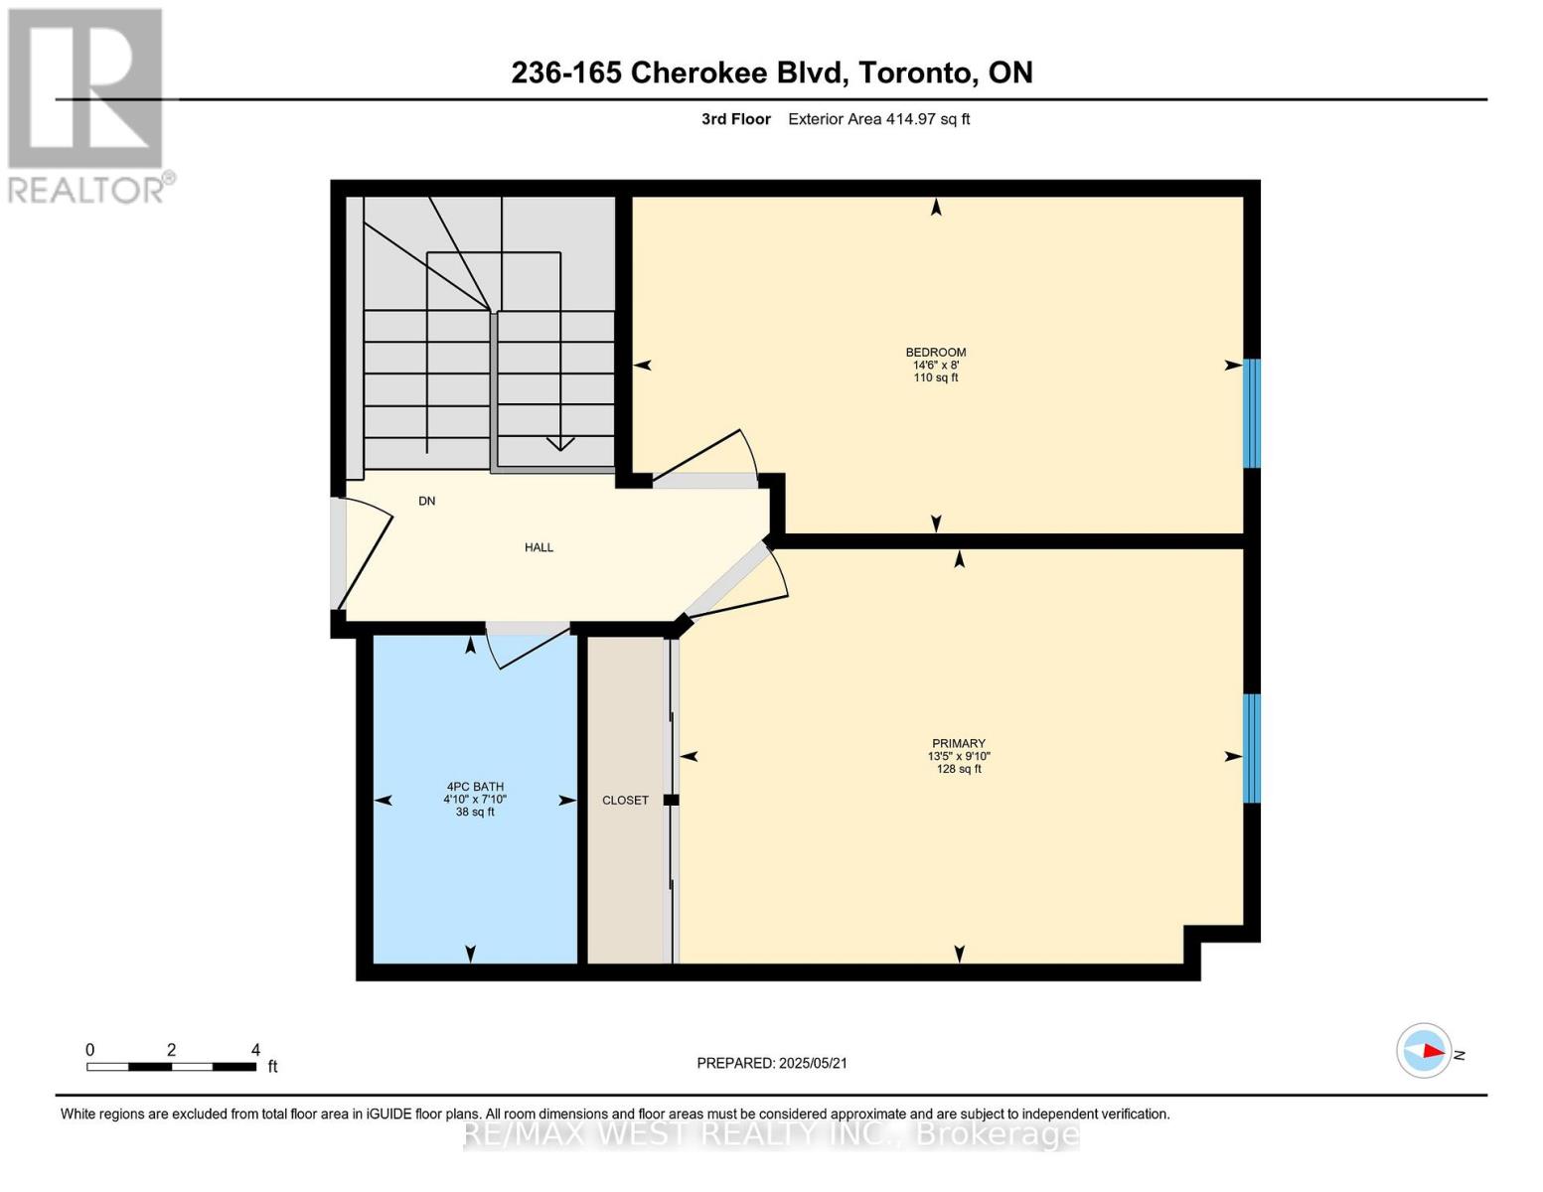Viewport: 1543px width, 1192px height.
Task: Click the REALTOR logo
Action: coord(86,104)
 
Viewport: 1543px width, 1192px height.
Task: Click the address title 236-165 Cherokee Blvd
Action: coord(771,73)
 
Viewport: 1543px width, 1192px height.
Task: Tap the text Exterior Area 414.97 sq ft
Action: coord(878,119)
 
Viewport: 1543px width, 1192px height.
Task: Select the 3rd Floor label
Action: coord(735,119)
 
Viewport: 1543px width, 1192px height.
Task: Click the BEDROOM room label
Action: coord(935,353)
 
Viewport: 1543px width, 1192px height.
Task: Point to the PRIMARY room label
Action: coord(958,744)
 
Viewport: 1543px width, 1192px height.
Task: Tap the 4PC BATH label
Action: coord(474,787)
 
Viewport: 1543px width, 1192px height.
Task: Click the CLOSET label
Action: coord(625,801)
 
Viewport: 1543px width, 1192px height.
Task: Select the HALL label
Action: coord(539,547)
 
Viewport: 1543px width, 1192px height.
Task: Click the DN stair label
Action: coord(426,502)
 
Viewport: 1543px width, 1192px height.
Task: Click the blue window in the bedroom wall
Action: coord(1252,412)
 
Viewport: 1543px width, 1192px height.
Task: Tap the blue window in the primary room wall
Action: coord(1252,748)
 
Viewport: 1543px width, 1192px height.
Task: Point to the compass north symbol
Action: coord(1425,1051)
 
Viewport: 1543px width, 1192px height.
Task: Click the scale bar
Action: coord(171,1067)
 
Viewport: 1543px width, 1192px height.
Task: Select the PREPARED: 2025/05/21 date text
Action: coord(771,1063)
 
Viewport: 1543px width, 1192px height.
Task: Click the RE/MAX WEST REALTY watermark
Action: coord(771,1133)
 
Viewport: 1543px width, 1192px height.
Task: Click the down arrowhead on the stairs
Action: coord(560,445)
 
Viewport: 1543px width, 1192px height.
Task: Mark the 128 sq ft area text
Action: coord(958,770)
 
